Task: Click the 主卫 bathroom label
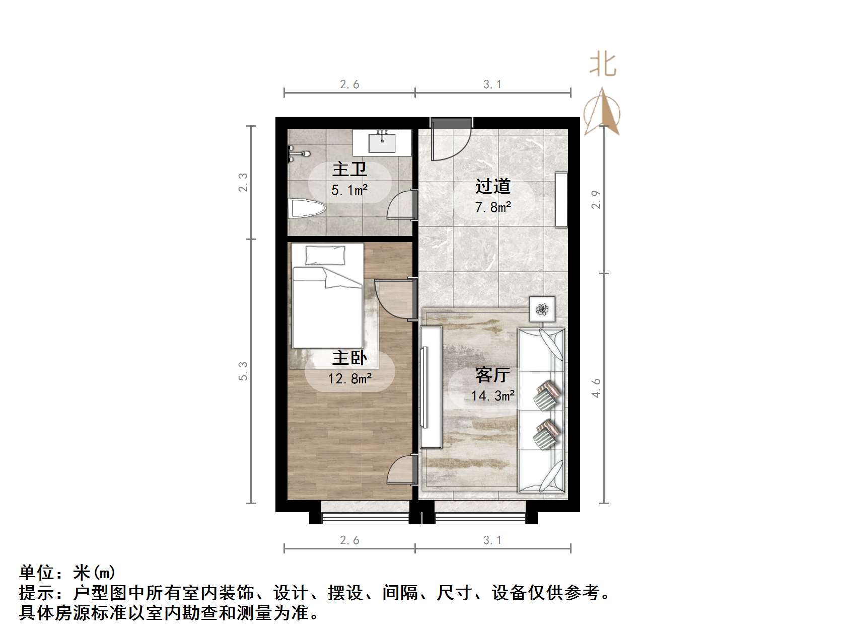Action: [x=349, y=169]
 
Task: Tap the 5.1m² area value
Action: [x=349, y=190]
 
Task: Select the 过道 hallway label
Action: [x=493, y=186]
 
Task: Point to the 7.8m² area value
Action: [x=493, y=207]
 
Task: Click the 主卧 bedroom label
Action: [x=349, y=358]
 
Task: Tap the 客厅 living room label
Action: [x=493, y=375]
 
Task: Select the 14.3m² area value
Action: [x=493, y=396]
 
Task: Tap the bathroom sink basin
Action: [x=382, y=142]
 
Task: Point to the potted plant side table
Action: [x=542, y=309]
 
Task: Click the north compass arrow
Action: [x=602, y=113]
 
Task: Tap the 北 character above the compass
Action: [x=603, y=65]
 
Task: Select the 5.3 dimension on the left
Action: [x=244, y=371]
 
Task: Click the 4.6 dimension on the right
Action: [x=597, y=388]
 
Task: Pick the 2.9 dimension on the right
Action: [x=597, y=199]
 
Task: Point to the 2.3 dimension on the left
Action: [x=244, y=182]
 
